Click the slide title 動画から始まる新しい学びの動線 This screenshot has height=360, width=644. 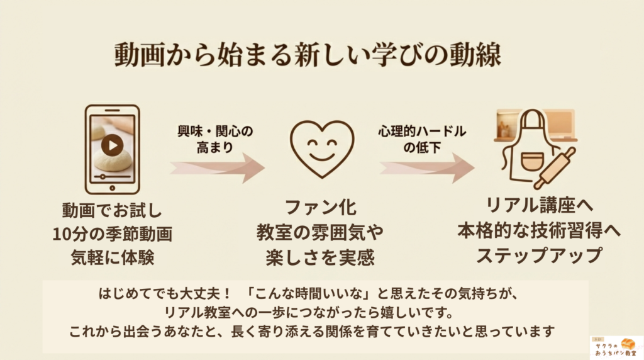tap(308, 55)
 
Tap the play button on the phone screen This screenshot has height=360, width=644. tap(112, 145)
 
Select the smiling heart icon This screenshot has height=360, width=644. tap(322, 149)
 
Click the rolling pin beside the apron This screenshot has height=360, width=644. tap(555, 169)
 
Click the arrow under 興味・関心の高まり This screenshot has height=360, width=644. tap(217, 167)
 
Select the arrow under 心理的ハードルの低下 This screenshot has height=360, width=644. tap(427, 167)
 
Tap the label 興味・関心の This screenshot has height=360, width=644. tap(215, 132)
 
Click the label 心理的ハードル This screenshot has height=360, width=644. tap(422, 132)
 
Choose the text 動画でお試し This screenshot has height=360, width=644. tap(112, 210)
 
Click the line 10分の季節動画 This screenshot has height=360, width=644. tap(112, 234)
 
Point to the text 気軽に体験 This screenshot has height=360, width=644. tap(112, 257)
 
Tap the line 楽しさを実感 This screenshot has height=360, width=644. tap(320, 257)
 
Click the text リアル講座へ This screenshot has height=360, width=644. tap(539, 205)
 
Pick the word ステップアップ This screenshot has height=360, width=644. tap(539, 255)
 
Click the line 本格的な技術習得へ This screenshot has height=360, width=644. tap(539, 230)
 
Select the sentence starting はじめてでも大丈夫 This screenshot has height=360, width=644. tap(309, 293)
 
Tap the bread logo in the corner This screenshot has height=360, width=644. tap(616, 347)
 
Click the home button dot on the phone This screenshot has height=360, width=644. tap(112, 189)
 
